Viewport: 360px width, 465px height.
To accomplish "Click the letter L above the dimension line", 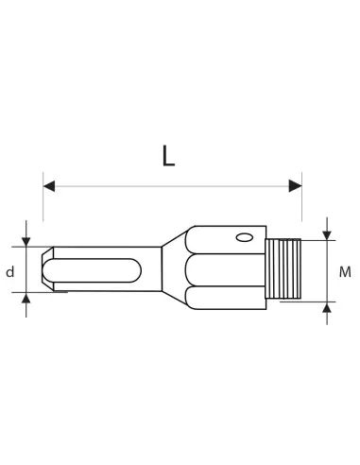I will (x=168, y=155).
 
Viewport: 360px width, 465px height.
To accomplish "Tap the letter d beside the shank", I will (x=9, y=272).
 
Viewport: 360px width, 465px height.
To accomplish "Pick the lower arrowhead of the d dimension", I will (x=26, y=299).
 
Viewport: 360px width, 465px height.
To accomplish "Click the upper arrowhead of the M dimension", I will (x=327, y=233).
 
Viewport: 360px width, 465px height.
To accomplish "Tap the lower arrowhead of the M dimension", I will (x=327, y=307).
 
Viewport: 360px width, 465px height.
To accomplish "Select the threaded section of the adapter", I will (x=283, y=269).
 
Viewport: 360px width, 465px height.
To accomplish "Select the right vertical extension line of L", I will (x=302, y=203).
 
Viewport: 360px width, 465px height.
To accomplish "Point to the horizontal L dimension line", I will (x=170, y=186).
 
